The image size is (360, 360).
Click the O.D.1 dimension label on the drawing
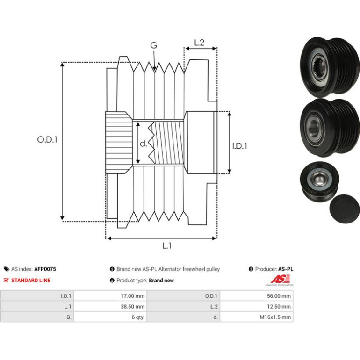click(x=47, y=139)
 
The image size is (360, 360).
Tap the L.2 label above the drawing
click(x=199, y=43)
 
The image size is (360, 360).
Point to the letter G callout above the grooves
click(x=154, y=45)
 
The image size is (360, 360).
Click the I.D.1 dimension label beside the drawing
click(x=240, y=146)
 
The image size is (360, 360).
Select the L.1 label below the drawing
click(x=167, y=246)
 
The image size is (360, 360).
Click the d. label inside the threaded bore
click(x=143, y=144)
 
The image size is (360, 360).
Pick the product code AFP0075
click(x=45, y=269)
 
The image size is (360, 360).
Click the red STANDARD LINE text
click(x=31, y=281)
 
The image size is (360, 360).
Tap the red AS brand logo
click(x=280, y=280)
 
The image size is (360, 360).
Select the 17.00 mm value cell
click(x=110, y=296)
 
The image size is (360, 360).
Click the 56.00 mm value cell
click(x=257, y=296)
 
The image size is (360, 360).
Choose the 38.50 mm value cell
click(x=110, y=307)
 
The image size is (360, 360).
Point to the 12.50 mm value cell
click(x=257, y=307)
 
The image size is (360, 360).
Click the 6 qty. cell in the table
click(x=110, y=317)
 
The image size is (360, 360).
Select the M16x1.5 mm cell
click(x=257, y=317)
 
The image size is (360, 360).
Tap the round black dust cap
click(x=345, y=209)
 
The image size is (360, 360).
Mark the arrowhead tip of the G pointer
click(x=154, y=70)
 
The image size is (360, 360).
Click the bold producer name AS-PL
click(x=286, y=269)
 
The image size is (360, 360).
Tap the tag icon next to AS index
click(x=7, y=269)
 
